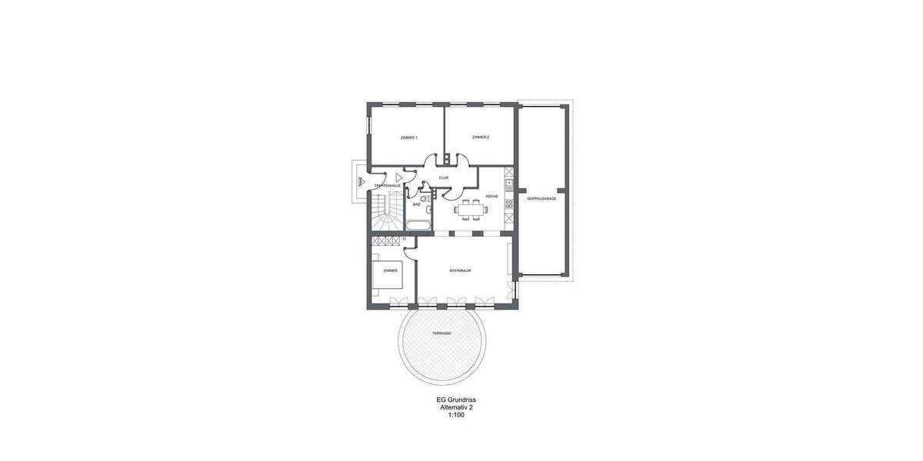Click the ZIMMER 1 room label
coord(408,138)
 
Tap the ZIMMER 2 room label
coord(481,138)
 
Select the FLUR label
coord(444,177)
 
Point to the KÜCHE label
coord(491,197)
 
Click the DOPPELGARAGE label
coord(541,198)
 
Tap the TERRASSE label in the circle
coord(442,333)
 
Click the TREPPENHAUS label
coord(386,186)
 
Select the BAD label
coord(416,204)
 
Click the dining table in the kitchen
coord(470,208)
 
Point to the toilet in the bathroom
coord(426,198)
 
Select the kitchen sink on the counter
coord(508,183)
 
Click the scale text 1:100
coord(457,415)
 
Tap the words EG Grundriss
coord(457,400)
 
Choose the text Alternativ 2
coord(457,407)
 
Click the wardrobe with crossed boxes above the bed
coord(388,241)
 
